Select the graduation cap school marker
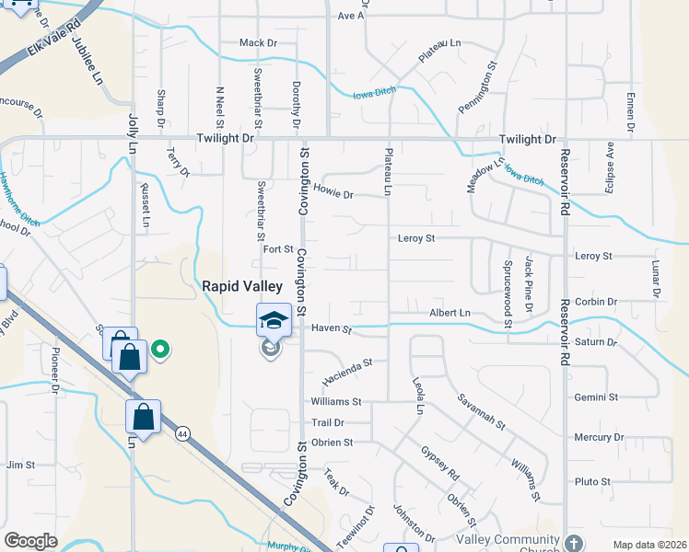click(274, 320)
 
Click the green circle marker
click(160, 349)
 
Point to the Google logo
click(30, 541)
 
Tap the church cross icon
click(575, 542)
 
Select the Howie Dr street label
click(334, 194)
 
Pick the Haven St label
click(332, 328)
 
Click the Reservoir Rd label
click(565, 185)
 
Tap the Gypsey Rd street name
click(439, 466)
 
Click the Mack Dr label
click(258, 43)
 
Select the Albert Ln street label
click(450, 314)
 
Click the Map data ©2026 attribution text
click(649, 545)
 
